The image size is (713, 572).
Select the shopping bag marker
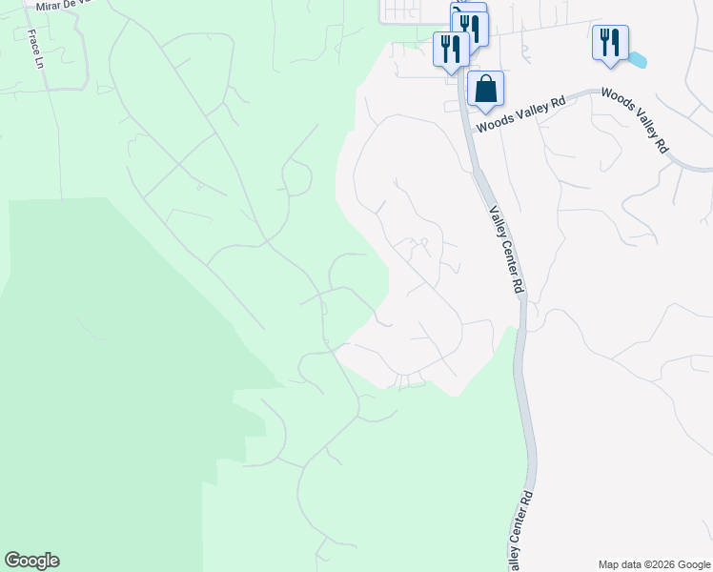[485, 89]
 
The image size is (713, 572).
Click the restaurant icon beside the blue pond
[609, 43]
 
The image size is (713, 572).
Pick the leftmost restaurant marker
[450, 49]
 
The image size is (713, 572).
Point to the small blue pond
[636, 60]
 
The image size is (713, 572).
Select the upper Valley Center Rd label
[507, 250]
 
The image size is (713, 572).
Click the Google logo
[31, 561]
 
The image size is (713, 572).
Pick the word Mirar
[50, 7]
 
